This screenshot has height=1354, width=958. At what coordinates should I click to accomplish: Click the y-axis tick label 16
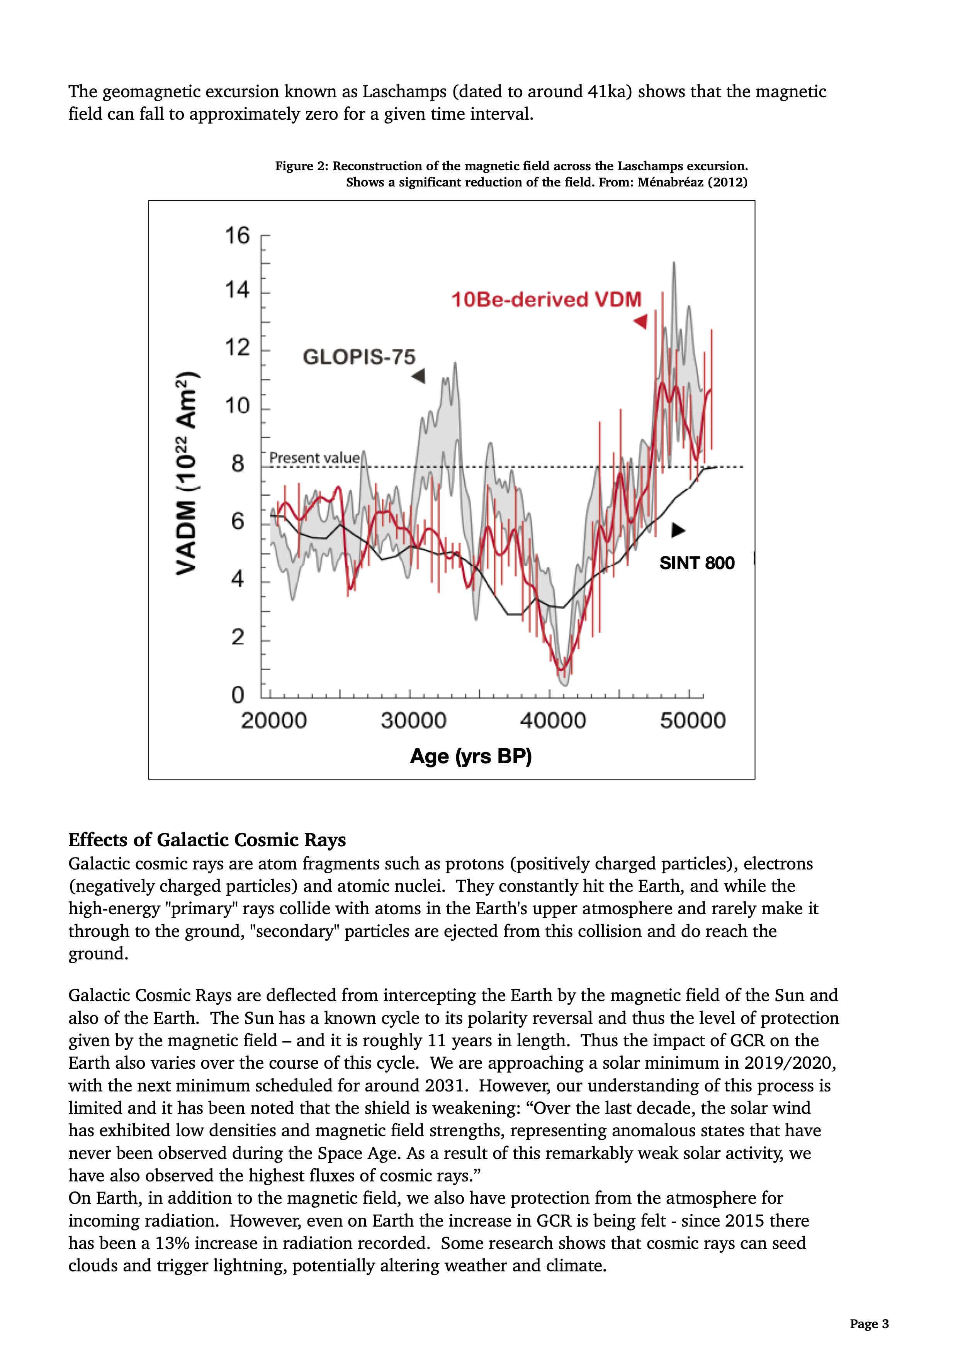click(237, 236)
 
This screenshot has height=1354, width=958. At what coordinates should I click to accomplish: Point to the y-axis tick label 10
click(237, 406)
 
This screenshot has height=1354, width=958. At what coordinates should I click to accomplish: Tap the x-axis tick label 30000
click(413, 721)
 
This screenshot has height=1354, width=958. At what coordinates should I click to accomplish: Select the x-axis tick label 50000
click(692, 721)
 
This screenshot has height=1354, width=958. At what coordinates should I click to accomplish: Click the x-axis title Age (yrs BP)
click(471, 756)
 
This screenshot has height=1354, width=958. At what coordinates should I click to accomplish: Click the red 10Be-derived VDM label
click(546, 300)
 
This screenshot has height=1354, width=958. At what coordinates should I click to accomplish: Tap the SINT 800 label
click(696, 563)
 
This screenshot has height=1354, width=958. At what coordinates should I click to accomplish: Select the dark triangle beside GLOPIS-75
click(419, 376)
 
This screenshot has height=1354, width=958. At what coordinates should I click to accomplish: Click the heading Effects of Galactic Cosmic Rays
click(207, 840)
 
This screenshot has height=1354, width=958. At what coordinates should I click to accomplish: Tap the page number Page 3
click(869, 1324)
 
